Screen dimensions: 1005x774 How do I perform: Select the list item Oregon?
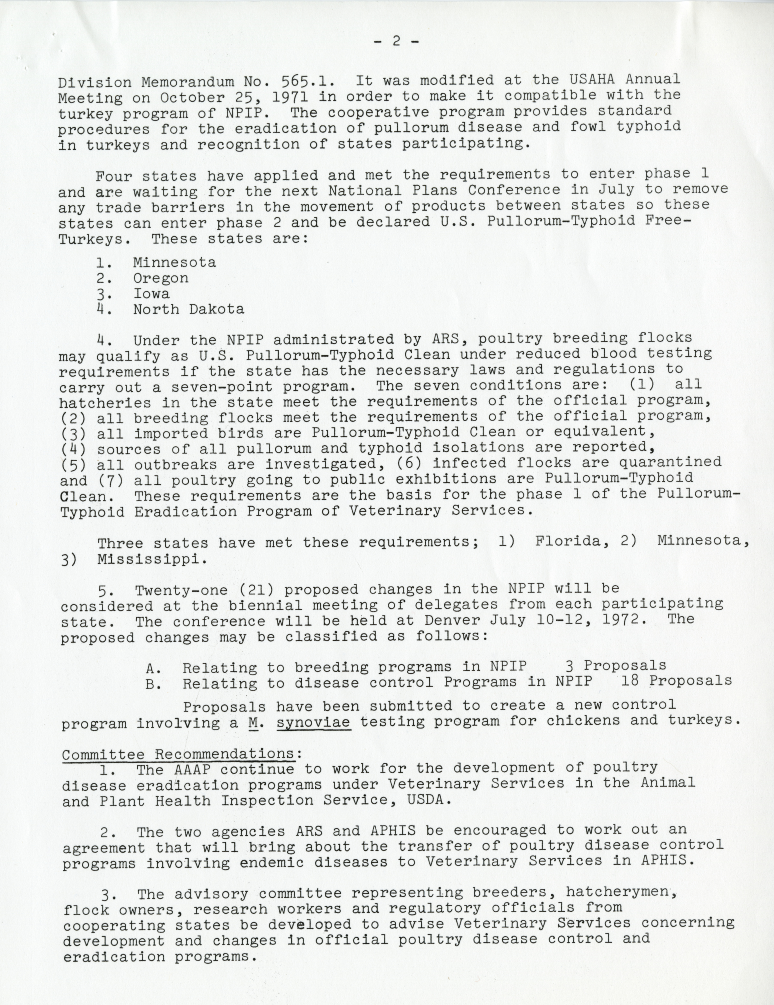click(161, 278)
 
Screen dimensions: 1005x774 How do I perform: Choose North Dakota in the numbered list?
click(189, 309)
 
